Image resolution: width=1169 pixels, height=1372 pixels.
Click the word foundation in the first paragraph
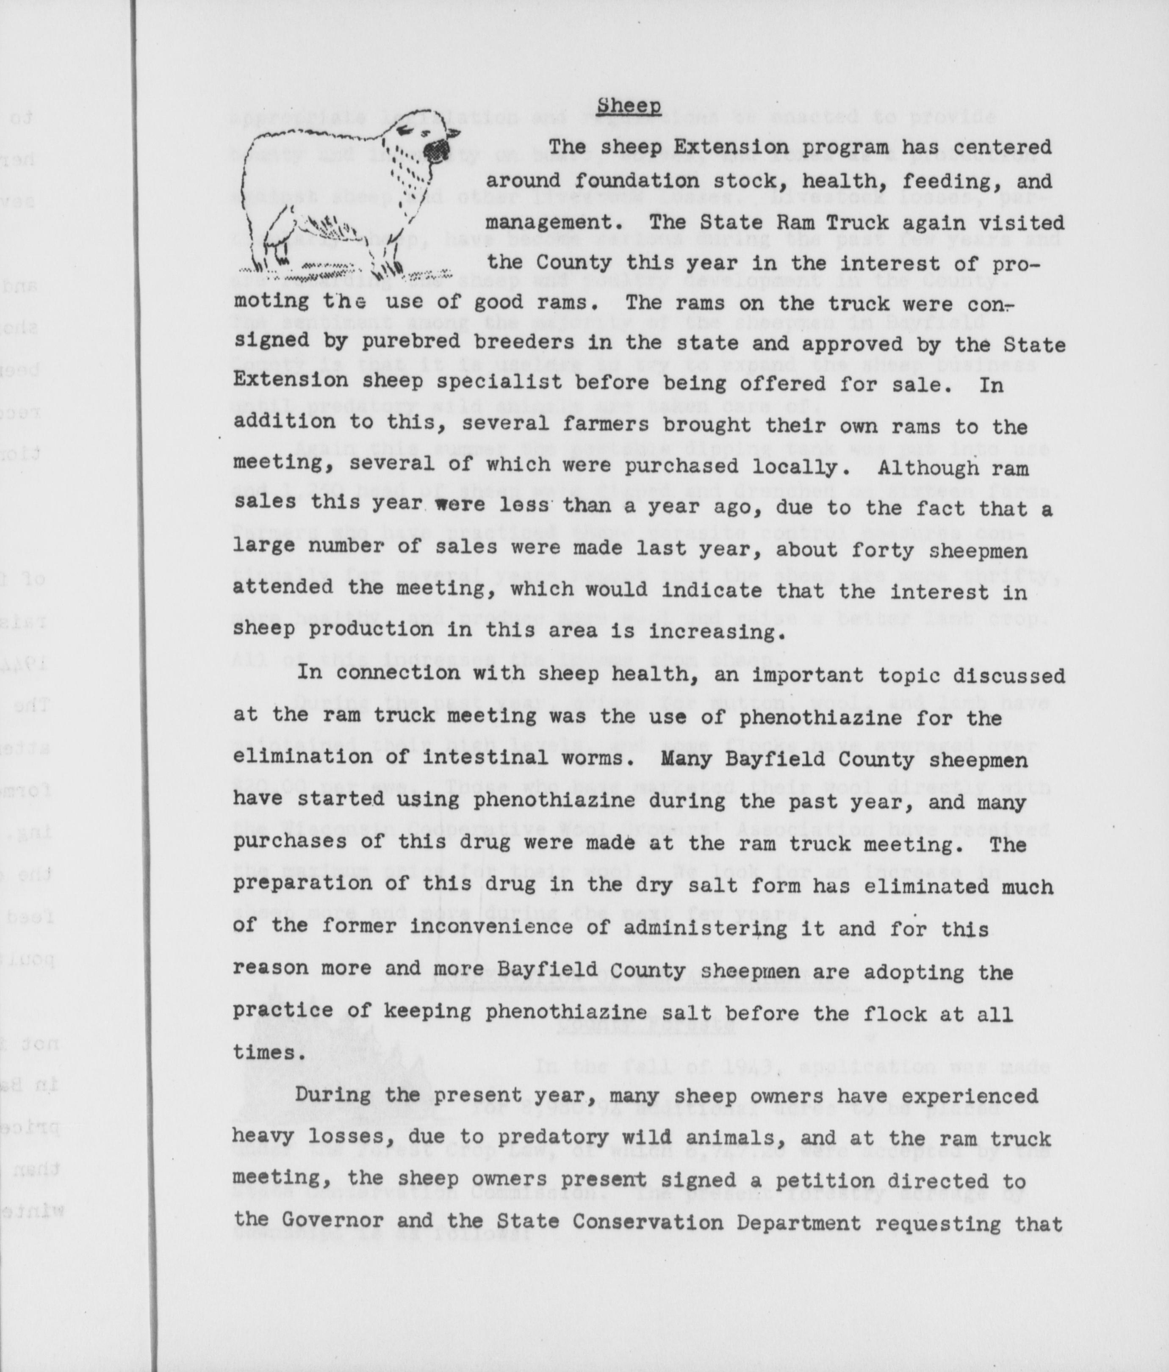tap(635, 181)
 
